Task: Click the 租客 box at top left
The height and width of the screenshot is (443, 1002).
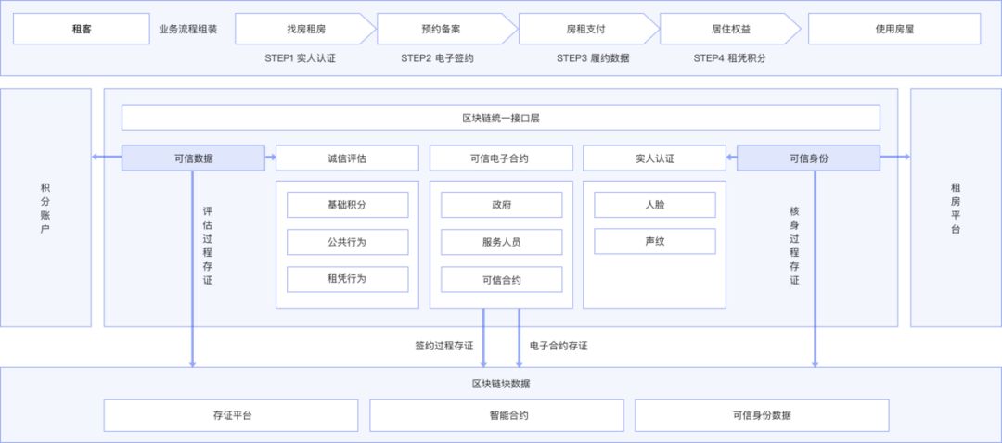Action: [x=82, y=29]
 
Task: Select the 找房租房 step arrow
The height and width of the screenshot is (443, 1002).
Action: [x=305, y=29]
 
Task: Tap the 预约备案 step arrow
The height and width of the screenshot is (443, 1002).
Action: [x=446, y=29]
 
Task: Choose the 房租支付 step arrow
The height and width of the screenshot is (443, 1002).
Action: [x=585, y=29]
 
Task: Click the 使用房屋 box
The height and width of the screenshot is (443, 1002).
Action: [x=894, y=29]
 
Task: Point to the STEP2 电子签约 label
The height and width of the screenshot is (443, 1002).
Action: [x=437, y=57]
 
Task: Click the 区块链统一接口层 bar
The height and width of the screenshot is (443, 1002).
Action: [x=501, y=118]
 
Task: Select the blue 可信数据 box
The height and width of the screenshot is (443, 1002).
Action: [x=193, y=158]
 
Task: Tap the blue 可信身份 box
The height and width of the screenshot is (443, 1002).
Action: [x=808, y=158]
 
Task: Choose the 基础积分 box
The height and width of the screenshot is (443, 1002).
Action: [x=347, y=205]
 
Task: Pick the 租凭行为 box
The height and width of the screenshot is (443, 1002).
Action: [x=347, y=279]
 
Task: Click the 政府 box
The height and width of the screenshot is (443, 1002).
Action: [x=501, y=205]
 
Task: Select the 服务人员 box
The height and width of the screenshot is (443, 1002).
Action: [x=501, y=242]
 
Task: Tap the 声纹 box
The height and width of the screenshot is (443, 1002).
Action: [x=655, y=242]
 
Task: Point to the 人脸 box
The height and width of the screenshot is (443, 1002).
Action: [x=655, y=205]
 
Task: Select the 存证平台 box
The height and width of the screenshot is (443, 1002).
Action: [x=232, y=415]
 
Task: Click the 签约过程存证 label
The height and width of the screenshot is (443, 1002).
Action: [x=443, y=346]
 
